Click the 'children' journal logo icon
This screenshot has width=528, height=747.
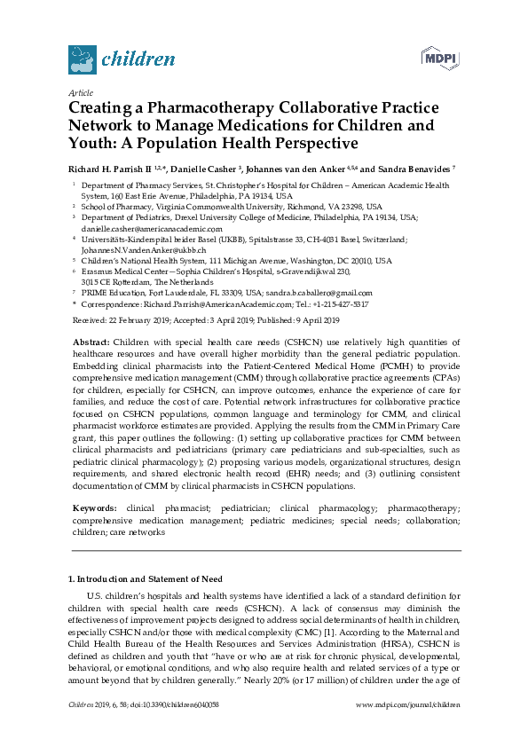pos(82,59)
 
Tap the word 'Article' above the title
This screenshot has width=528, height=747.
pos(81,92)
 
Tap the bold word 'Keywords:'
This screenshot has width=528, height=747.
pos(94,508)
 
